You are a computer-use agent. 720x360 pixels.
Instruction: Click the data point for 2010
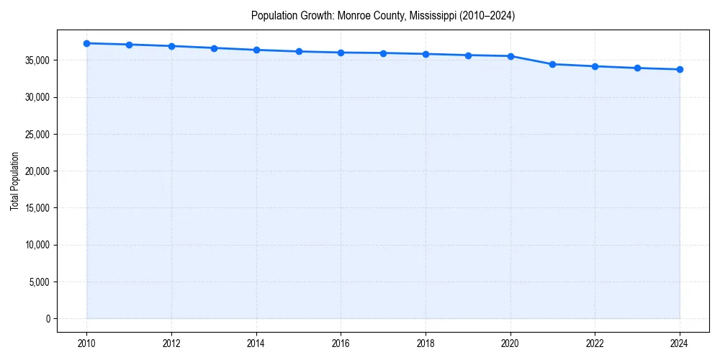[86, 43]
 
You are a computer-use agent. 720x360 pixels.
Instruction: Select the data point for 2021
[552, 64]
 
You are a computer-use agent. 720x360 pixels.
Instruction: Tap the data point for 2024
[680, 69]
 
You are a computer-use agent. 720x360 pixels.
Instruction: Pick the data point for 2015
[299, 51]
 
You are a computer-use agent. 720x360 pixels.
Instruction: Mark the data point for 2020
[510, 56]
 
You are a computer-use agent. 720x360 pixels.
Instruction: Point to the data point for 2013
[214, 48]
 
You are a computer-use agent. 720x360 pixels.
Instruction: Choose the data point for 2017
[383, 53]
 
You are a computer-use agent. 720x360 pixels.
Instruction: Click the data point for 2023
[637, 68]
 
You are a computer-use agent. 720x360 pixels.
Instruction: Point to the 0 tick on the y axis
[48, 319]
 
